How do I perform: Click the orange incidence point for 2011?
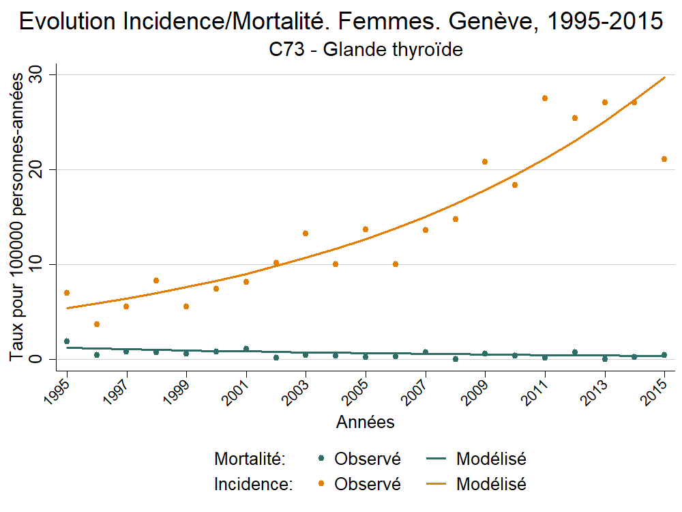tap(545, 98)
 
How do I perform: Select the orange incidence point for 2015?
tap(665, 159)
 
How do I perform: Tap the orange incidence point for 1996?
tap(97, 324)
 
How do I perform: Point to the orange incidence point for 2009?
tap(485, 162)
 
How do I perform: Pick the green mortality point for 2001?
tap(246, 349)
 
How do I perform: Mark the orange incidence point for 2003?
tap(306, 233)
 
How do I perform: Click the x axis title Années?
tap(366, 423)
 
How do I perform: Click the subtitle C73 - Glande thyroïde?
tap(366, 50)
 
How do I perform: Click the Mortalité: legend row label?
tap(249, 459)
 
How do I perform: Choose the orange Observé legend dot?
tap(321, 485)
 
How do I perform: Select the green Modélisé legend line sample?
tap(436, 459)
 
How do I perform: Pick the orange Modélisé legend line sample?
tap(436, 485)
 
